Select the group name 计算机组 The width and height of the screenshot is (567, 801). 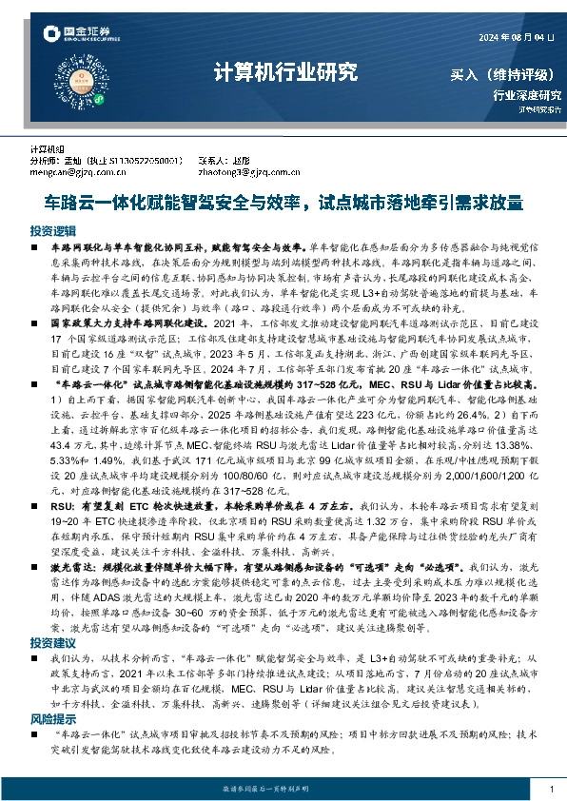coord(46,150)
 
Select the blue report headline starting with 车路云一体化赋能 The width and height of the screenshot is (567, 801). coord(283,203)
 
